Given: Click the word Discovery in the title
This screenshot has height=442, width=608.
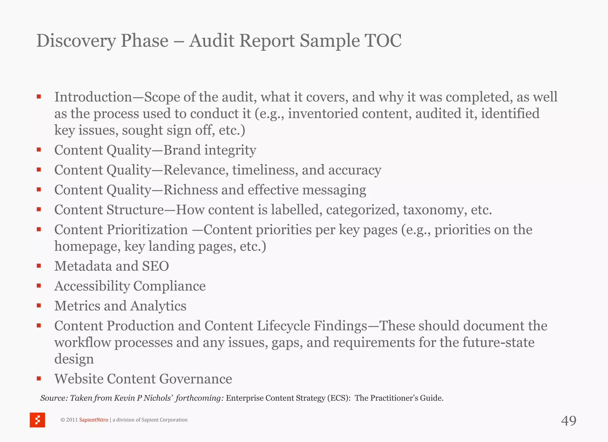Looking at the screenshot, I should [x=76, y=41].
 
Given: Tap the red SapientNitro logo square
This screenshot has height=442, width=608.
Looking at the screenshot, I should [x=37, y=420].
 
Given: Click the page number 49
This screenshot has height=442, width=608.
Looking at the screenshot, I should [x=569, y=421].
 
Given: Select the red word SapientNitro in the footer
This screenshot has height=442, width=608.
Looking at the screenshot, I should [x=94, y=420].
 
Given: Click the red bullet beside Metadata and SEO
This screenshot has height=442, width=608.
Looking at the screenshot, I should [x=39, y=266].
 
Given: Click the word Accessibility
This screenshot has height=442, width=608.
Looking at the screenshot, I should [x=92, y=286].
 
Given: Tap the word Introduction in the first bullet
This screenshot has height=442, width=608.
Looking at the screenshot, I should [x=93, y=97].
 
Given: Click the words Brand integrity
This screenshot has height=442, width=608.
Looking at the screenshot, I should [x=210, y=150].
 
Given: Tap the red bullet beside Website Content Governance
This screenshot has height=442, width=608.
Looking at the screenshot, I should [x=39, y=378].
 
